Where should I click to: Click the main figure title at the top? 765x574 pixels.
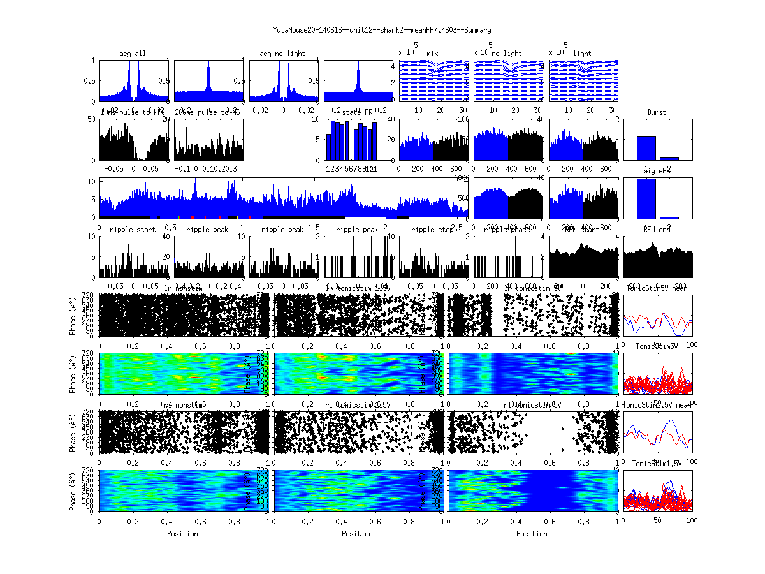click(x=382, y=30)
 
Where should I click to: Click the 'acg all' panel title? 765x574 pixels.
click(x=133, y=54)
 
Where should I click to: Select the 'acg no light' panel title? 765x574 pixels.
click(x=282, y=54)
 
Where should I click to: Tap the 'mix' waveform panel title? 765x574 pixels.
click(x=433, y=54)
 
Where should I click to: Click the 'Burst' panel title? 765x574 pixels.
click(x=657, y=112)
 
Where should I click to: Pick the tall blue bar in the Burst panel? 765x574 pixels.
click(x=646, y=147)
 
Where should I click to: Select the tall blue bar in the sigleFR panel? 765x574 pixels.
click(x=646, y=198)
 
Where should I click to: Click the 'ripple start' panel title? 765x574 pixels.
click(x=133, y=230)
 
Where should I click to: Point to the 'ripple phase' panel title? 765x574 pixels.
click(x=507, y=230)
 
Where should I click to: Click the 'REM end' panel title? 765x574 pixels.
click(x=657, y=230)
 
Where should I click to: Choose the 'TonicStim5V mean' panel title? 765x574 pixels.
click(x=657, y=288)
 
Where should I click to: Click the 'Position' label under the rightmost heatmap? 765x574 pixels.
click(x=532, y=533)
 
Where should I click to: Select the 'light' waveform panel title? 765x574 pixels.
click(x=582, y=54)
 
